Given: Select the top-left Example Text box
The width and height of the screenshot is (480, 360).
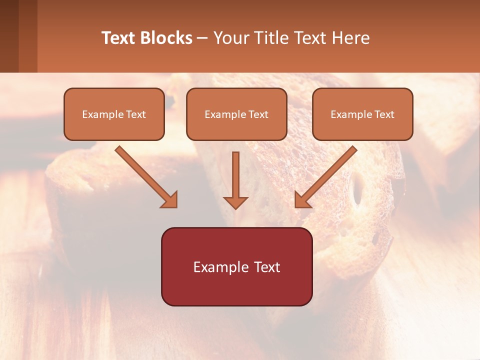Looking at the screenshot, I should pos(114,114).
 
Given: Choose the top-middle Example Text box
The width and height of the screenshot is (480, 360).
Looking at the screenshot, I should pos(236,114).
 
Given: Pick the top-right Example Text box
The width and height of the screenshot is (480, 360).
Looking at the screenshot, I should pos(362,114).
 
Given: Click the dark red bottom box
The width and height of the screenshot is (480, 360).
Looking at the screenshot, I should pos(236,266).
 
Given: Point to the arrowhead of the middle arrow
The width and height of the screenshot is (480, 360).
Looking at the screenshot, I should pos(235,202).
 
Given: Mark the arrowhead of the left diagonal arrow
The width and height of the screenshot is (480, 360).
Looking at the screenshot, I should pos(170,200).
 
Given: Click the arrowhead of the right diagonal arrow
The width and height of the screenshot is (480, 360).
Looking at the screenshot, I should pos(302,200).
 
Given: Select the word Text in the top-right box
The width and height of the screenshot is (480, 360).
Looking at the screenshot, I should pos(384,114).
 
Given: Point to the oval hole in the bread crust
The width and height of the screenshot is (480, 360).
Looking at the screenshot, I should pos(357,190).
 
